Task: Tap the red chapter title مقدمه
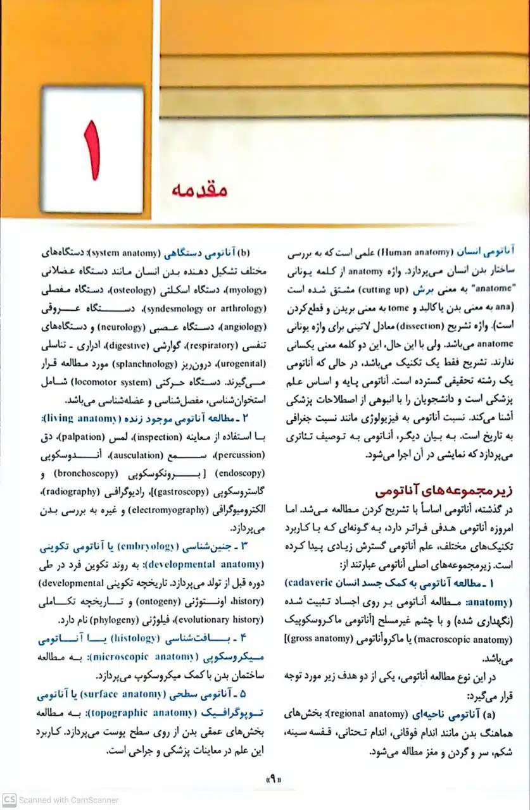tap(199, 190)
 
